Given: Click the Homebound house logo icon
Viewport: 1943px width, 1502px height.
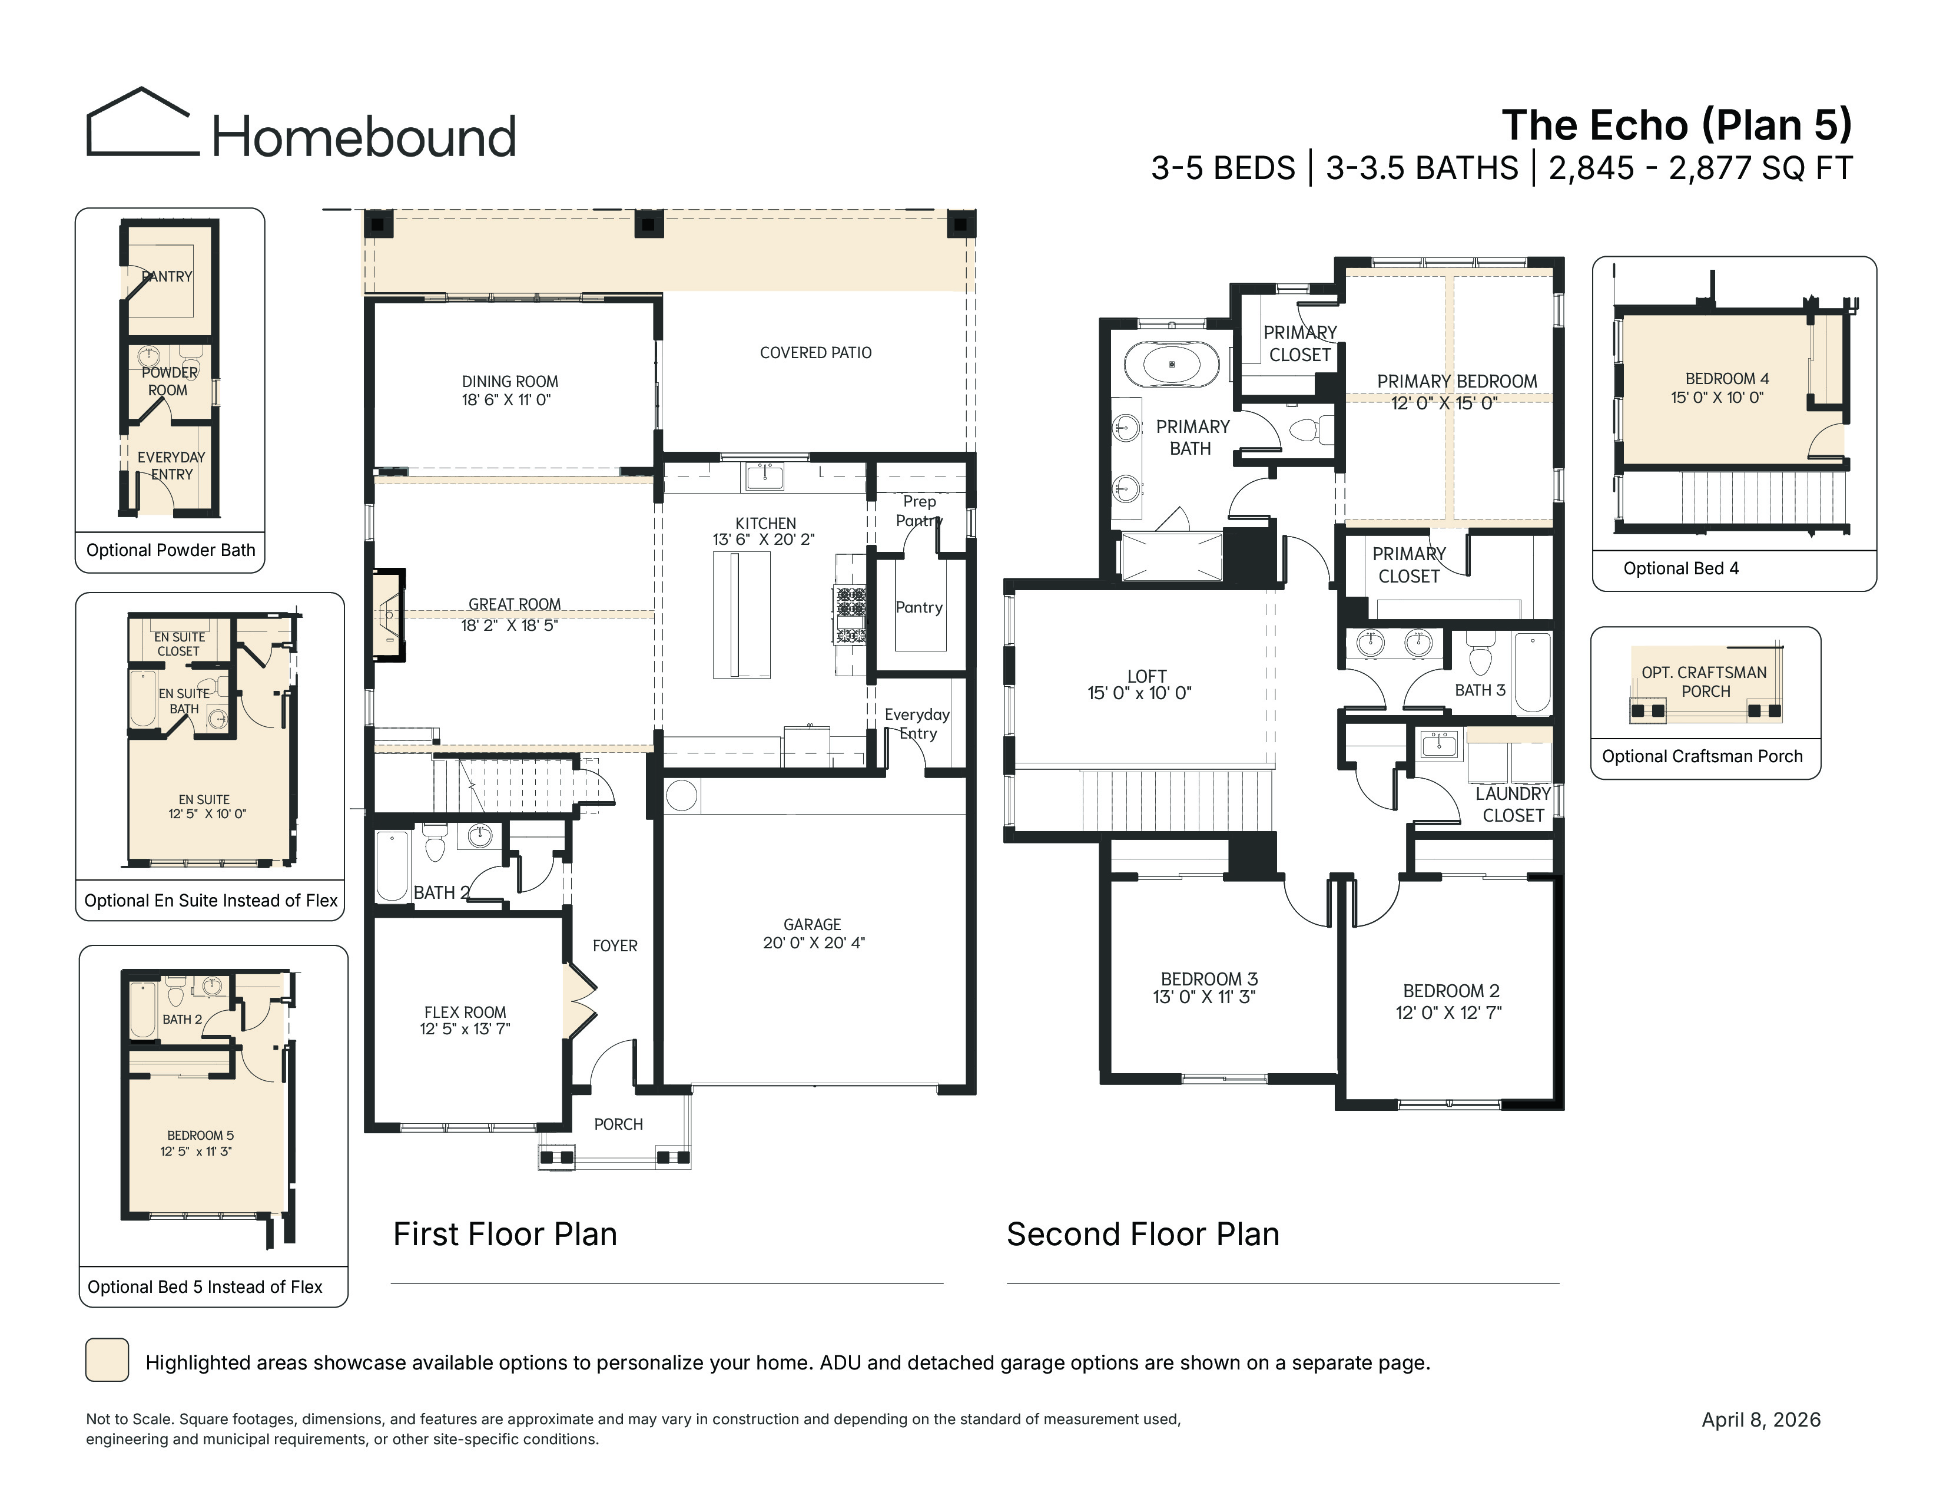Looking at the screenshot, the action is tap(139, 122).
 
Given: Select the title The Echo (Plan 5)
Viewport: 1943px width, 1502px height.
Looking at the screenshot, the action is tap(1676, 125).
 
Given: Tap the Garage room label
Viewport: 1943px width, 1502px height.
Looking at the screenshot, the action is tap(813, 925).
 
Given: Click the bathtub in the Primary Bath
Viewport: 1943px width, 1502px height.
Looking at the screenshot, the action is tap(1172, 365).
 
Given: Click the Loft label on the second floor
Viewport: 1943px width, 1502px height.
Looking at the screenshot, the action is tap(1146, 676).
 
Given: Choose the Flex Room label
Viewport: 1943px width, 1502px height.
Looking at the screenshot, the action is tap(465, 1013).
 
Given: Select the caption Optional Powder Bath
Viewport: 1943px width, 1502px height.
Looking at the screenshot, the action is tap(171, 550).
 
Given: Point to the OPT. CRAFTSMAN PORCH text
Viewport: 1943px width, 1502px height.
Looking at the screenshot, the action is tap(1705, 681).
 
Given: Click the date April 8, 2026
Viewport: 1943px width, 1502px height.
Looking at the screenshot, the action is tap(1762, 1420).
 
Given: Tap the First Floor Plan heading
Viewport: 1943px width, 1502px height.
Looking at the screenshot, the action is tap(505, 1234).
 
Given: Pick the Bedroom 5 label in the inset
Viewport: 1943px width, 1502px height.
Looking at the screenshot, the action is tap(200, 1136).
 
